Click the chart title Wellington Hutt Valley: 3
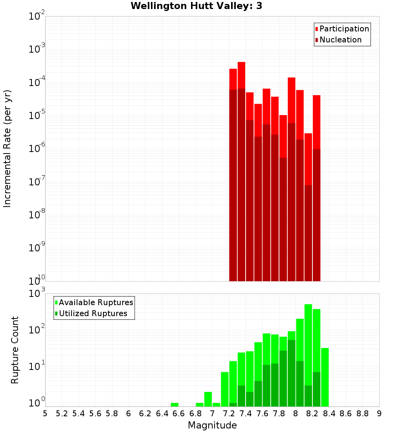[196, 6]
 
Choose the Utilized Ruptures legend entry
[93, 313]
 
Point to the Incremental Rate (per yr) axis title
[7, 149]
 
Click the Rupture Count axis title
[15, 350]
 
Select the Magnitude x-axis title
[212, 425]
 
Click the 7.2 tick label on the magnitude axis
[229, 414]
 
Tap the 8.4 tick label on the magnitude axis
[329, 414]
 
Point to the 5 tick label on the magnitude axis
[45, 414]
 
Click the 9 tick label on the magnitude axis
[379, 414]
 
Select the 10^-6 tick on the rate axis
[37, 149]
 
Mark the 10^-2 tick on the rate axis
[37, 16]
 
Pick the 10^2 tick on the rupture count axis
[37, 330]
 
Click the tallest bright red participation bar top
[241, 63]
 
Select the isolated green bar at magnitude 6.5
[174, 405]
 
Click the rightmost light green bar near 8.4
[325, 377]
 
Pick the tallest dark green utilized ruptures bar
[291, 373]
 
